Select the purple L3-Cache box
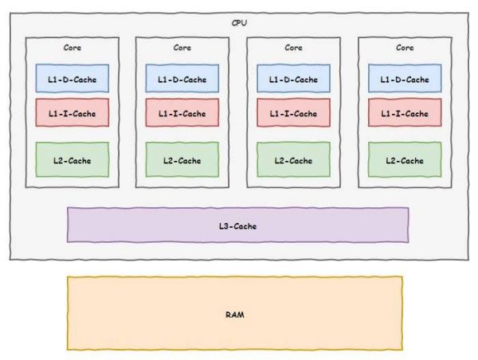tap(237, 225)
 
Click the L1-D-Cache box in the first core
tap(72, 79)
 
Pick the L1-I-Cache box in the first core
tap(72, 112)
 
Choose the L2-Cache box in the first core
tap(72, 160)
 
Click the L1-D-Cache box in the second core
tap(182, 79)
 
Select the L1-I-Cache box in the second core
tap(182, 112)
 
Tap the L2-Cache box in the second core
tap(182, 160)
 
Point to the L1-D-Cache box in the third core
tap(294, 79)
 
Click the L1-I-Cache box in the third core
tap(294, 112)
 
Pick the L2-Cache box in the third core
tap(294, 160)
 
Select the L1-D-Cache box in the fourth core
tap(405, 79)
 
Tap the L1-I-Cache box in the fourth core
tap(405, 112)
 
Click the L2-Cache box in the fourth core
tap(405, 160)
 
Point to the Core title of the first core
tap(72, 48)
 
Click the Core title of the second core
tap(182, 48)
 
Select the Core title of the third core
tap(294, 48)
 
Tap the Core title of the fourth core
tap(405, 48)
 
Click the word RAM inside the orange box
tap(234, 315)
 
